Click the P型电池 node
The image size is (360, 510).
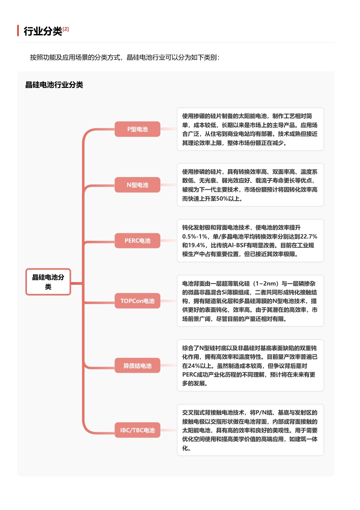click(137, 129)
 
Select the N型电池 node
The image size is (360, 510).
click(137, 185)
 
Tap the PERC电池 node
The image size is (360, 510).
click(137, 241)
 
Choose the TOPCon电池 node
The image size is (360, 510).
click(137, 301)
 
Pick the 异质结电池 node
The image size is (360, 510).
click(137, 366)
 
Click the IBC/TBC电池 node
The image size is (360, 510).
click(137, 430)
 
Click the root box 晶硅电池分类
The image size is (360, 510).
click(48, 282)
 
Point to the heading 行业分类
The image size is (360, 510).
click(43, 31)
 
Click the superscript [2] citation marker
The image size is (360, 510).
click(66, 29)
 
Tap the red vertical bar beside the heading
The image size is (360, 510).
click(18, 30)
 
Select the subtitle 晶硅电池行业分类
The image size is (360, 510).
click(54, 85)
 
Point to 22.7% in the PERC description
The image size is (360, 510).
click(308, 236)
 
